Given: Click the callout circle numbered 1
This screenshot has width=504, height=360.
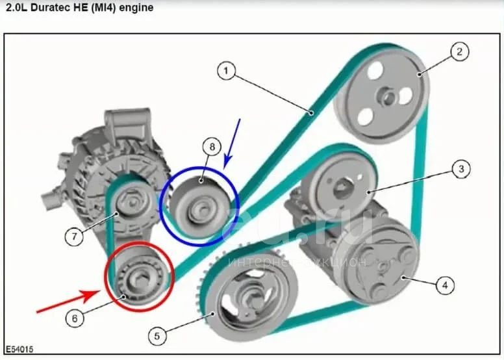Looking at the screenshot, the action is pyautogui.click(x=226, y=71).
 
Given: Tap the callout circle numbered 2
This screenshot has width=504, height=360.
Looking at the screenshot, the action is pyautogui.click(x=459, y=51).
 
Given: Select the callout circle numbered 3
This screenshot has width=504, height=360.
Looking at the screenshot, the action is pyautogui.click(x=461, y=169).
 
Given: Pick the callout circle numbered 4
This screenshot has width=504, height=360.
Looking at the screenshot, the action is pyautogui.click(x=445, y=285).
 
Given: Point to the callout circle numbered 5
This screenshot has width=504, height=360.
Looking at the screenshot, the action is pyautogui.click(x=157, y=336).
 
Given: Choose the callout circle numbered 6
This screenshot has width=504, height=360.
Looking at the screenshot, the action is pyautogui.click(x=75, y=318).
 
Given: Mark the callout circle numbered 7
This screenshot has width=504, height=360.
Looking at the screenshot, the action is pyautogui.click(x=74, y=237).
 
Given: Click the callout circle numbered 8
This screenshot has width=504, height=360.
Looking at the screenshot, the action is pyautogui.click(x=212, y=147).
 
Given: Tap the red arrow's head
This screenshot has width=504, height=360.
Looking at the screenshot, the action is pyautogui.click(x=93, y=294).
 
